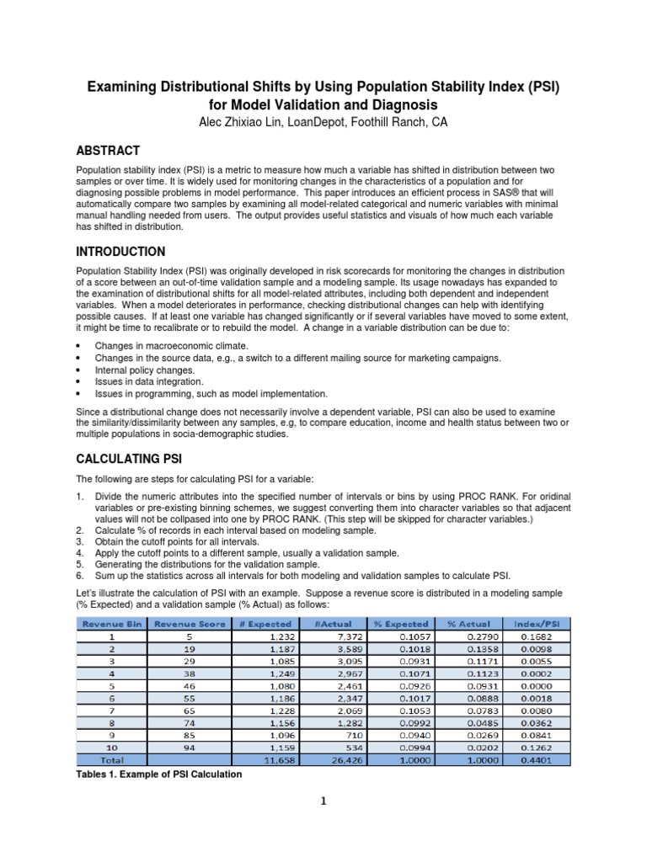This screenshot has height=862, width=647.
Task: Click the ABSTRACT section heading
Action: coord(108,151)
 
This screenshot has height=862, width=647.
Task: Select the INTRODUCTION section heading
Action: coord(120,252)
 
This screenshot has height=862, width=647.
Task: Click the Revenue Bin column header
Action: coord(110,624)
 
